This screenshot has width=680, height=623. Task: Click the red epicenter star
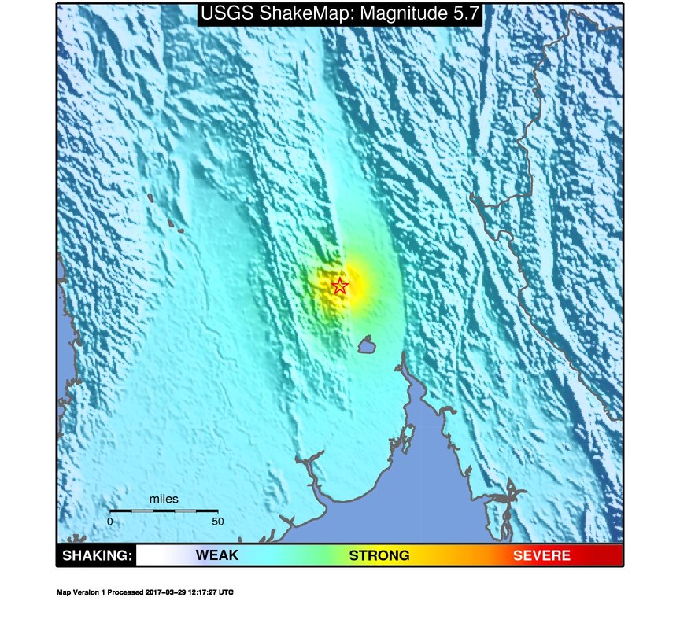(x=339, y=286)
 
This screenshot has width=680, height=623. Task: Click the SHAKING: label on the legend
(x=97, y=556)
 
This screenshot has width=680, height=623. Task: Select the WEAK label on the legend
(x=217, y=556)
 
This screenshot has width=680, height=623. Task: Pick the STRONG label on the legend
(x=379, y=556)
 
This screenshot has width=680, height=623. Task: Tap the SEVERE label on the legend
(x=541, y=556)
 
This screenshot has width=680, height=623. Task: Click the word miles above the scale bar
(x=164, y=500)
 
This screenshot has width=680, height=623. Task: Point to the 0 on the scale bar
(x=110, y=521)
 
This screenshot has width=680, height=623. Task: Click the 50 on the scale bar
(x=217, y=521)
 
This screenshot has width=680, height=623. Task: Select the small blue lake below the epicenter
(x=364, y=345)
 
